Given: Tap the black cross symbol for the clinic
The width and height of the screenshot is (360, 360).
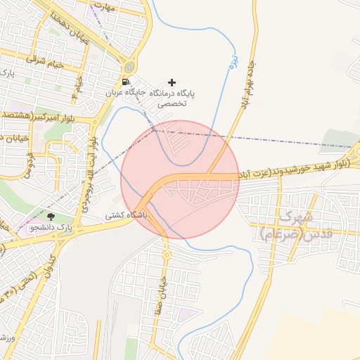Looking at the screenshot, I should click(x=172, y=82).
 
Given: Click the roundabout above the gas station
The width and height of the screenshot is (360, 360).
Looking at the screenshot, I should click(x=129, y=67).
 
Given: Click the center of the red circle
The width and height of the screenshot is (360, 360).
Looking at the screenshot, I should click(x=180, y=180).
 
